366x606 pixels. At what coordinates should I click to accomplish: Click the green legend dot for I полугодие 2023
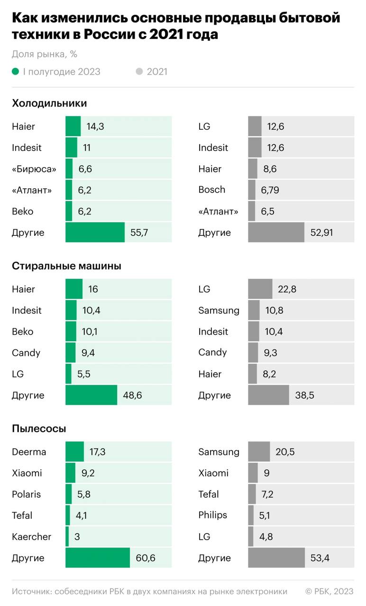tap(15, 71)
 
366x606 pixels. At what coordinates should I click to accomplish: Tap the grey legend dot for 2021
tap(139, 71)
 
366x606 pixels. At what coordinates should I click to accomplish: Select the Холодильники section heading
tap(49, 103)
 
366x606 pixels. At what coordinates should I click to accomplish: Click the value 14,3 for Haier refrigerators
tap(95, 126)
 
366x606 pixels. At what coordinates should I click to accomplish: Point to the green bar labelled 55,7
tap(95, 232)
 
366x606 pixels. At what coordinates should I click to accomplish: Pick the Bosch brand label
tap(211, 189)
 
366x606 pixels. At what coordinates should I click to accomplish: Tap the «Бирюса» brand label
tap(34, 169)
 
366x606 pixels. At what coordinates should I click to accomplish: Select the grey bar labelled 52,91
tap(276, 232)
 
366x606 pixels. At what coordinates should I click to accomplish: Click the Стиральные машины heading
tap(66, 266)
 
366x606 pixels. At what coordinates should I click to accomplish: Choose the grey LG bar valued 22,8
tap(260, 289)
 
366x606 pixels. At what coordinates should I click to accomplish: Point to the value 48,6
tap(132, 395)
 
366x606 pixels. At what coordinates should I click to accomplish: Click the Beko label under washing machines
tap(23, 331)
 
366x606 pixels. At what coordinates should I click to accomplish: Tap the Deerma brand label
tap(29, 452)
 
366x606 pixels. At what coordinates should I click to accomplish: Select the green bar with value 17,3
tap(74, 452)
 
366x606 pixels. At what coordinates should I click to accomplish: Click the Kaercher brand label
tap(31, 537)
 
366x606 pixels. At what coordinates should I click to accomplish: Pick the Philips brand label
tap(212, 515)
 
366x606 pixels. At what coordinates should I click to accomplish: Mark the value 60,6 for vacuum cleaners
tap(145, 558)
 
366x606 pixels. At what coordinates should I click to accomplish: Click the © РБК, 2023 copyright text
tap(329, 591)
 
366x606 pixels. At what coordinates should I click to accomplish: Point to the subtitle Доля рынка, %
tap(45, 54)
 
